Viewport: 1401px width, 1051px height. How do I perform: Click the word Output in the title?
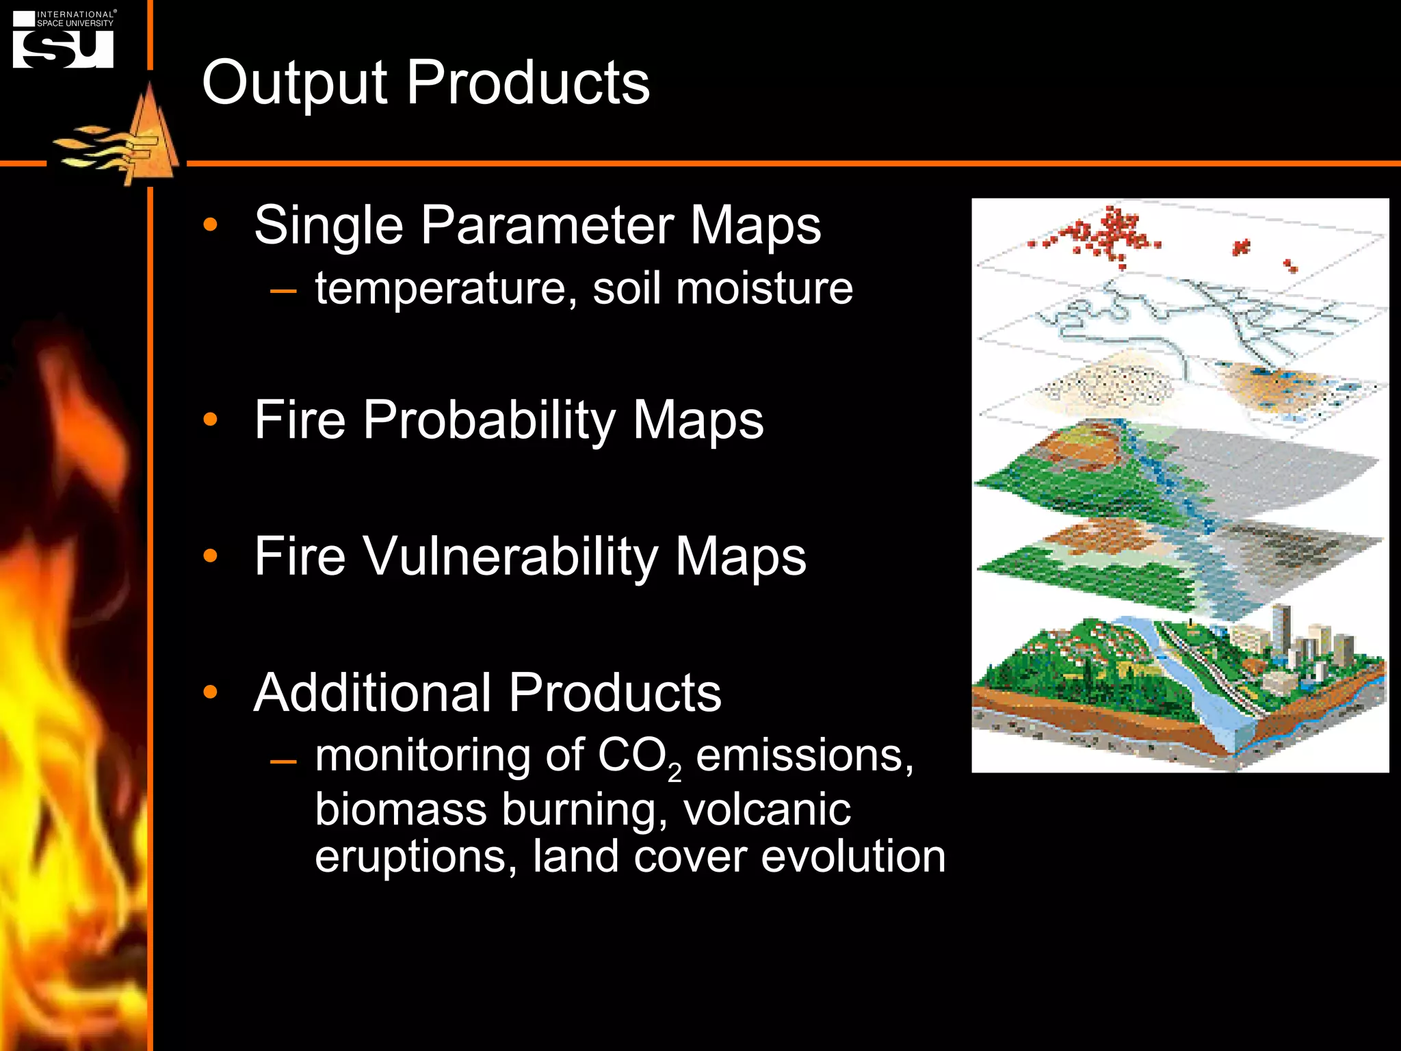[x=294, y=83]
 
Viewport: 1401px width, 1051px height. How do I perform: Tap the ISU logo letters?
[x=63, y=49]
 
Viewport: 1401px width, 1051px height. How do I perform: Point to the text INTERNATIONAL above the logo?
[x=75, y=14]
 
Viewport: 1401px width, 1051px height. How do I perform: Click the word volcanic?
[x=767, y=809]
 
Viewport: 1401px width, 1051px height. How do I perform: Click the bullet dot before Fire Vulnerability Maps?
[x=210, y=556]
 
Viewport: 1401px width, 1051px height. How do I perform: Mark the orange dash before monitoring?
[x=283, y=762]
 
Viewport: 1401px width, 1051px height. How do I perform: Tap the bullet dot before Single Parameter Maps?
[x=210, y=224]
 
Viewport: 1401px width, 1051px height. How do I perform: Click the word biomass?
[x=400, y=809]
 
